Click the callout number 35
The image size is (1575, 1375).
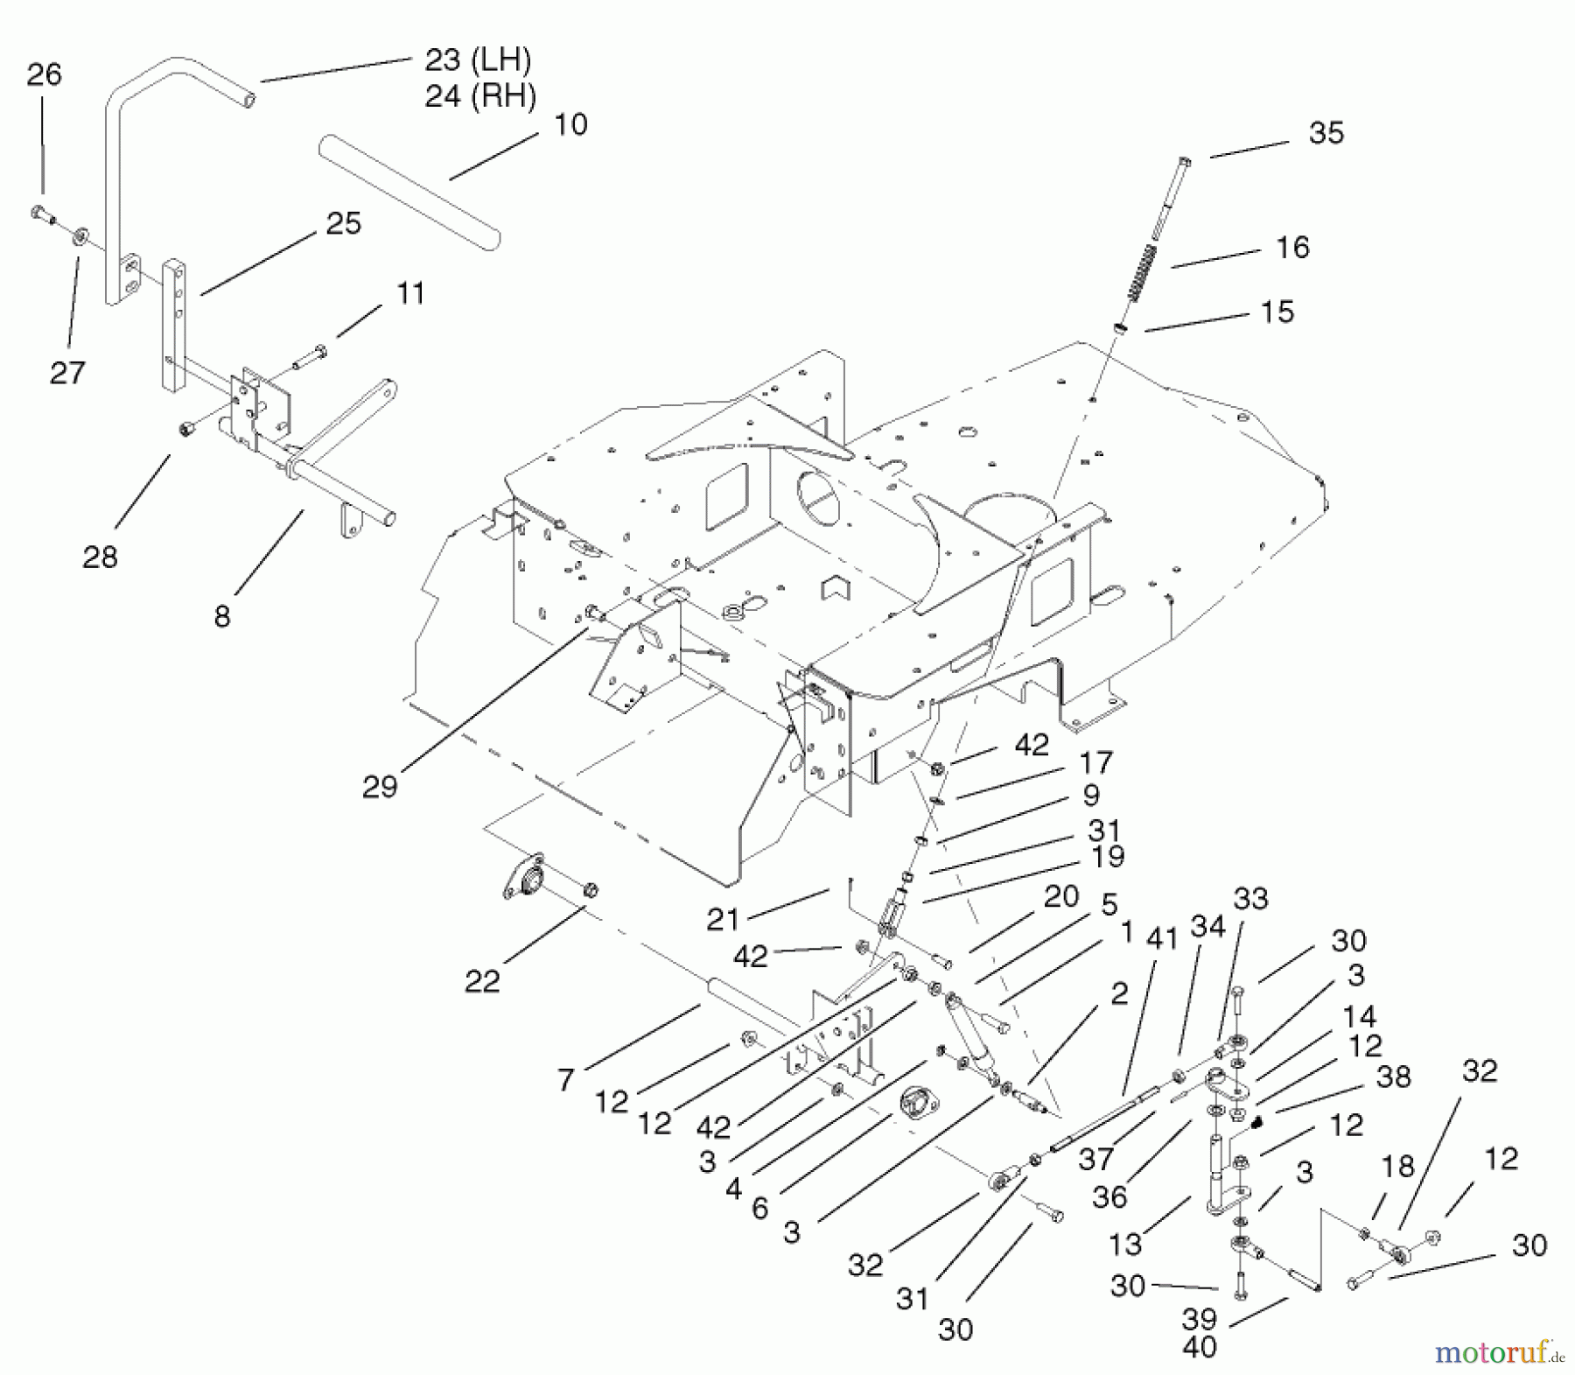[1325, 133]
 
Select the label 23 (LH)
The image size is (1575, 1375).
[478, 60]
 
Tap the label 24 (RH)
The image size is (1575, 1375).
[480, 95]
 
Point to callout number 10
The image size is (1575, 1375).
[570, 124]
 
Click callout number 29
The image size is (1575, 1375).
[380, 786]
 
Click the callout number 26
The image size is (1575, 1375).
[44, 74]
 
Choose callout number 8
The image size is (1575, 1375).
[222, 616]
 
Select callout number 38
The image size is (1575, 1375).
[1393, 1077]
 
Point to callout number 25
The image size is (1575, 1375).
[343, 223]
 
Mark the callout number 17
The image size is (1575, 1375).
[1095, 762]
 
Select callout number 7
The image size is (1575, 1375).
[565, 1079]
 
